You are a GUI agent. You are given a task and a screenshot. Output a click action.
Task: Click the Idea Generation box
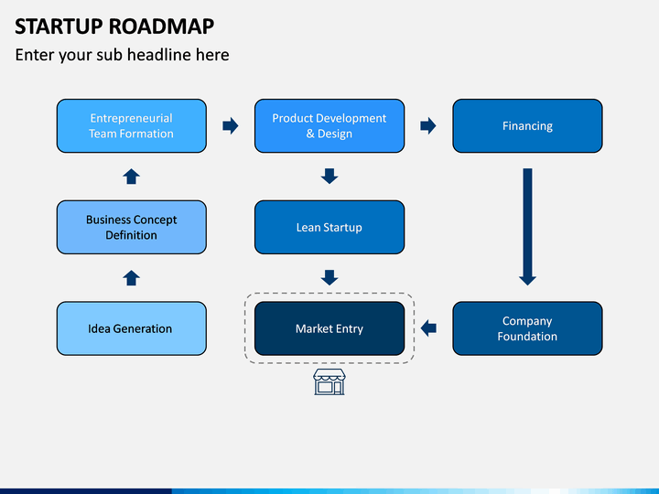(x=132, y=328)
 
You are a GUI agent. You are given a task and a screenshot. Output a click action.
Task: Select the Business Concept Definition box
(x=132, y=227)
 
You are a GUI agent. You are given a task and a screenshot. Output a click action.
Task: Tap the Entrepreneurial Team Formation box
(x=132, y=126)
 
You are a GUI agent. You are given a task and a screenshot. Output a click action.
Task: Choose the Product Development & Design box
(x=329, y=126)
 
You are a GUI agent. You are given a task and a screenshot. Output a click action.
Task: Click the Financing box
(x=527, y=126)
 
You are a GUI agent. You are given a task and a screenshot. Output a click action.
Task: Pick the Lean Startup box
(x=329, y=227)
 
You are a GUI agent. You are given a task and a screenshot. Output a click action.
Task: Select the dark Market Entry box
(x=329, y=328)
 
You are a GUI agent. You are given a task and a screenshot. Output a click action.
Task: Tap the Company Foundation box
(x=527, y=328)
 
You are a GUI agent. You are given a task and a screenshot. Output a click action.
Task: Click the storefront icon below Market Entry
(x=329, y=381)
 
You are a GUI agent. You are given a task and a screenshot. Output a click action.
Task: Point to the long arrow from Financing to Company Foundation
(x=527, y=227)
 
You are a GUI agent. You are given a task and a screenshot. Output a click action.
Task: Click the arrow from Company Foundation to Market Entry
(x=428, y=328)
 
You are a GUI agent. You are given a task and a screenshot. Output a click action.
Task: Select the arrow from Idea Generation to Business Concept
(x=132, y=278)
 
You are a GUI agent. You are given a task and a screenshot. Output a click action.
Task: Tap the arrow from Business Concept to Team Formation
(x=132, y=177)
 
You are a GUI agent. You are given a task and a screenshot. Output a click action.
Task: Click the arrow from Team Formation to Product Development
(x=231, y=125)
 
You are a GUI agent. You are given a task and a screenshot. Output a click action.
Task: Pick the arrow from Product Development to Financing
(x=428, y=125)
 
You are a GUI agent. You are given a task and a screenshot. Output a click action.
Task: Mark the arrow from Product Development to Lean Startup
(x=329, y=177)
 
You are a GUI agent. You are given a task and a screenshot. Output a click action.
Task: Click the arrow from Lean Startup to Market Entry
(x=329, y=278)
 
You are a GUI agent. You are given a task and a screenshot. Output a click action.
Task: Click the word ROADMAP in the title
(x=162, y=27)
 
